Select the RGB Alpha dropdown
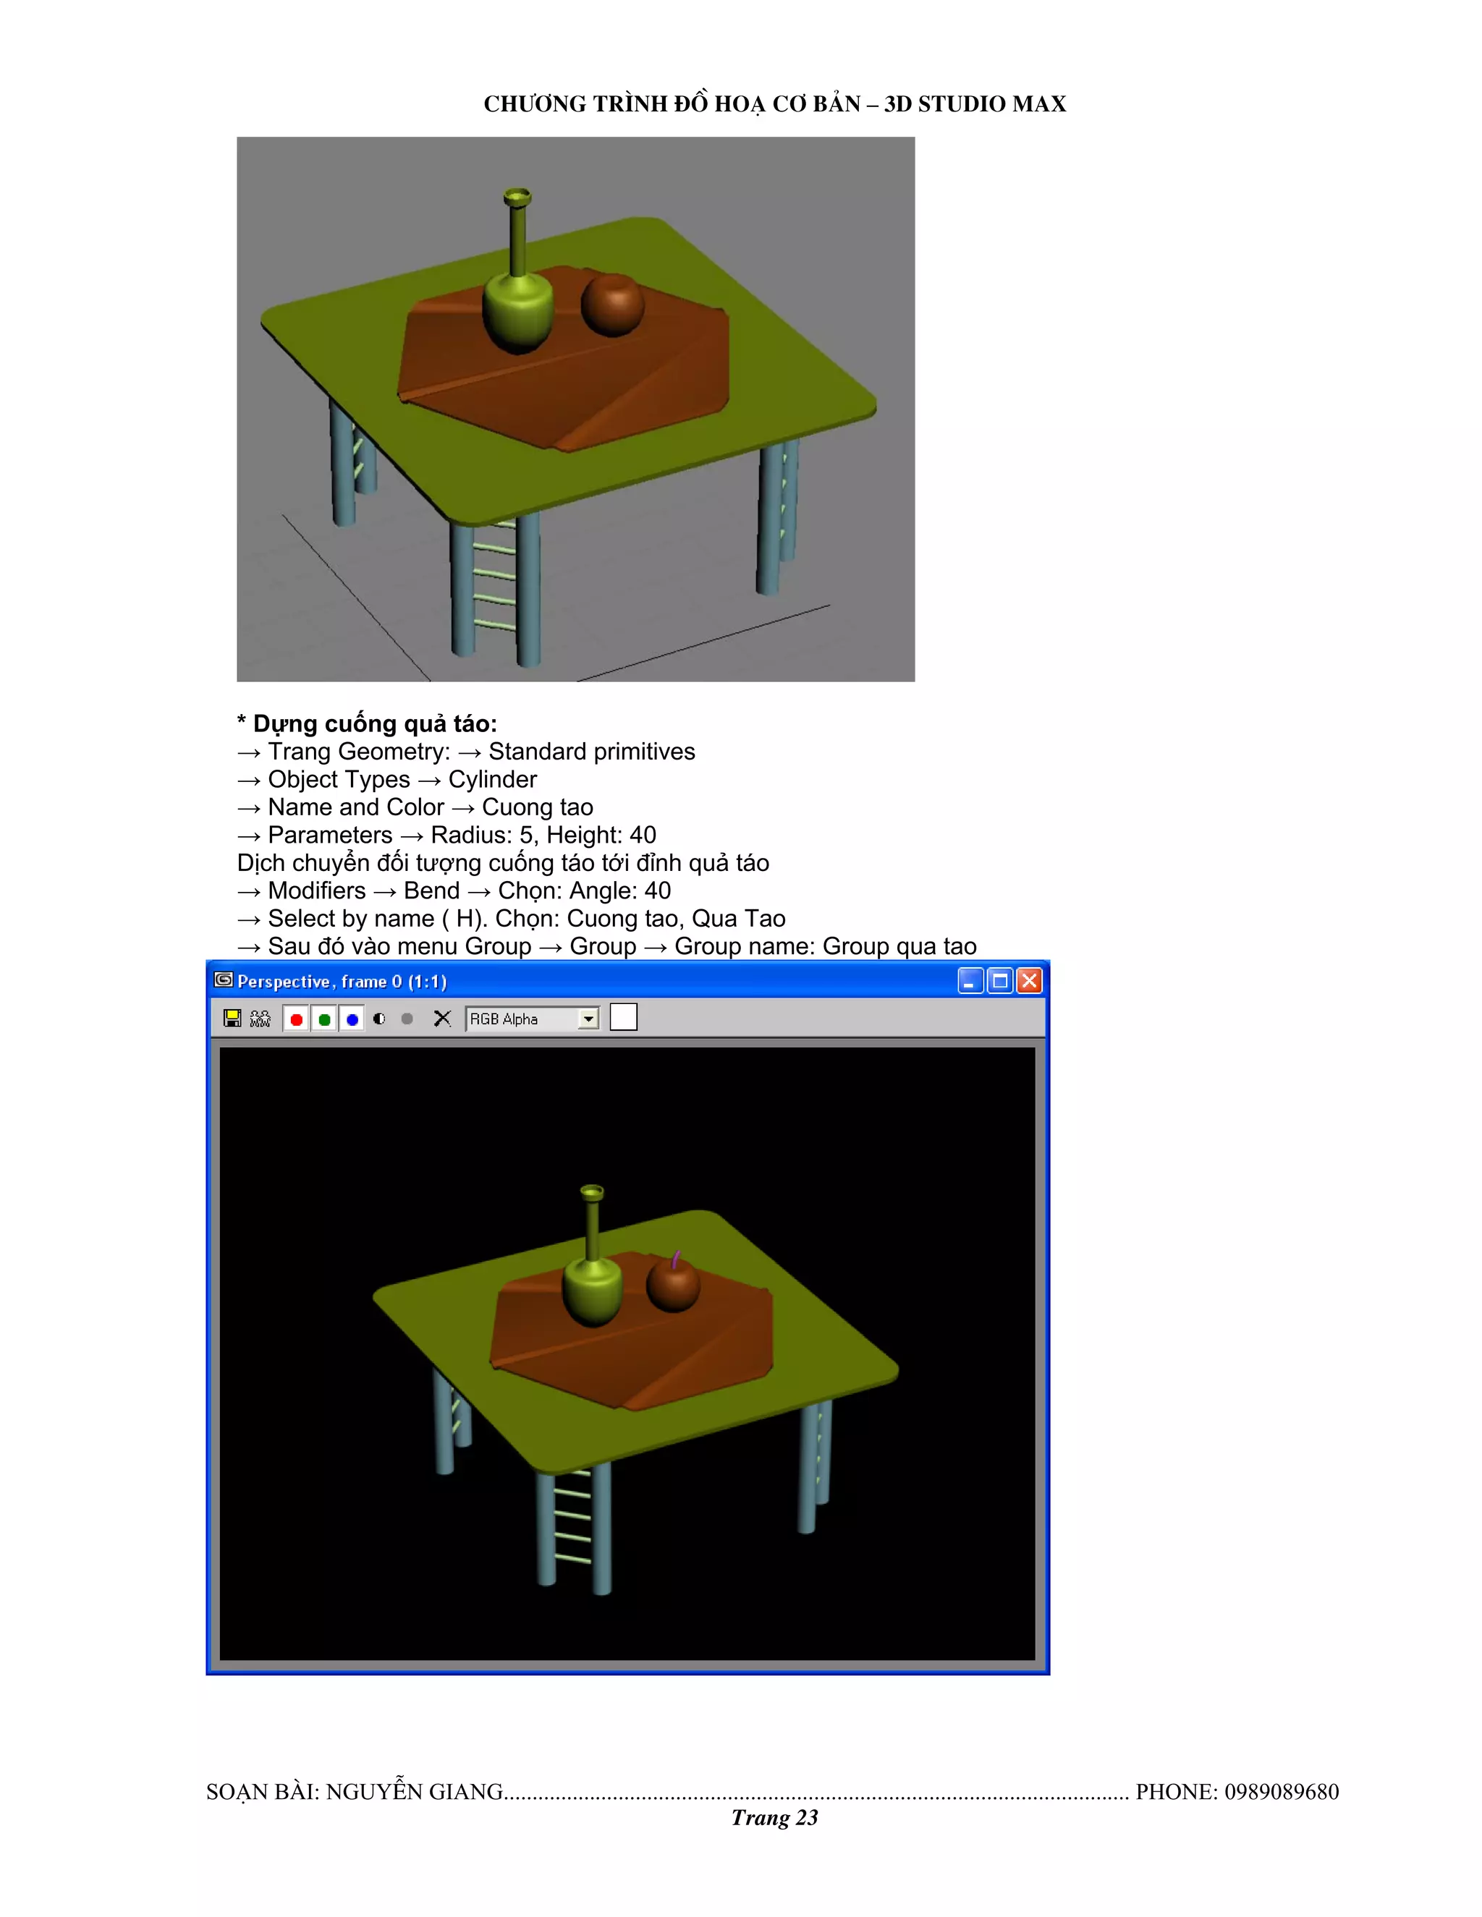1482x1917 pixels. pos(532,1019)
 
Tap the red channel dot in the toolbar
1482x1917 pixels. pos(297,1019)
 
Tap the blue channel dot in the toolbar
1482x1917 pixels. pos(352,1019)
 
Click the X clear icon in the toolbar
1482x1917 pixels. pos(442,1019)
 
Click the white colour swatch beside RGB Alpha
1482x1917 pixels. pos(623,1017)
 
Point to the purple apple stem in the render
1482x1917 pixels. pos(675,1260)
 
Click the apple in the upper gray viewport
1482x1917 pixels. pos(613,305)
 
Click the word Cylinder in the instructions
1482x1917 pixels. pos(493,779)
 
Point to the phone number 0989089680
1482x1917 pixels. pos(1281,1791)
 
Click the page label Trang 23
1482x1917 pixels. pos(774,1818)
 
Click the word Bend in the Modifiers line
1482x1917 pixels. pos(431,891)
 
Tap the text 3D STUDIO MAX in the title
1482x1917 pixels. pos(975,103)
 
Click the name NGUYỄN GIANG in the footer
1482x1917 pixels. pos(415,1791)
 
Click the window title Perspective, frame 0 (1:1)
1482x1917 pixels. pos(342,982)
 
